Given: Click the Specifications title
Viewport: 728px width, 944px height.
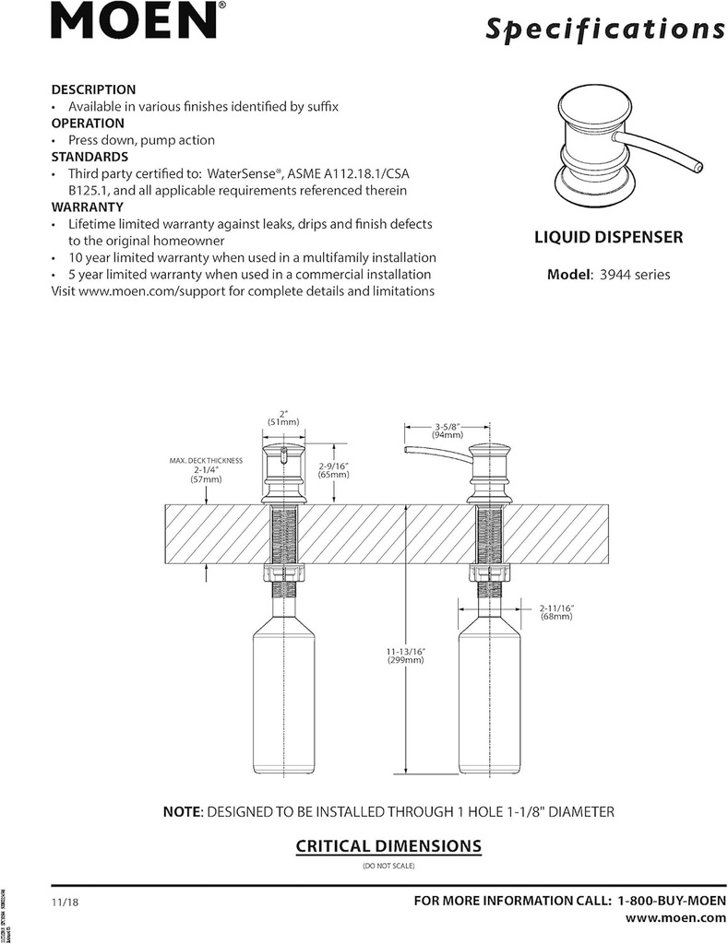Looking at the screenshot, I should (x=604, y=29).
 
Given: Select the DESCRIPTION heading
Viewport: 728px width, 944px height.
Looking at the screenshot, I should (x=93, y=89).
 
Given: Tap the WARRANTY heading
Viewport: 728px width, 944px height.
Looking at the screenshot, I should (x=87, y=207).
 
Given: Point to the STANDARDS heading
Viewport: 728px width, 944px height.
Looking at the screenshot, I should (x=90, y=157).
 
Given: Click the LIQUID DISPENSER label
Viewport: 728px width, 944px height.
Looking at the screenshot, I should (x=609, y=237).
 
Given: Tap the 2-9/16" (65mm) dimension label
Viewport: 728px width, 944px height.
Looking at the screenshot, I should (x=332, y=471).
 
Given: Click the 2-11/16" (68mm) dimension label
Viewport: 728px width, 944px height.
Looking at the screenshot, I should (x=557, y=611).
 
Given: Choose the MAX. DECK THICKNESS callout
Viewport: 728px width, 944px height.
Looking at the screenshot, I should (x=206, y=469).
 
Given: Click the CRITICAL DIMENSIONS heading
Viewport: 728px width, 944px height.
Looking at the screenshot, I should (x=388, y=845).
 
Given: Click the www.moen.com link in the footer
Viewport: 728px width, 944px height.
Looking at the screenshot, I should (x=675, y=917).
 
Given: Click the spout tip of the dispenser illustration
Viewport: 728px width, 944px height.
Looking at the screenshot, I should (x=698, y=167).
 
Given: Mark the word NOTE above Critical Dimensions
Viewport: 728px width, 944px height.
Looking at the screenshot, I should (x=182, y=812).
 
